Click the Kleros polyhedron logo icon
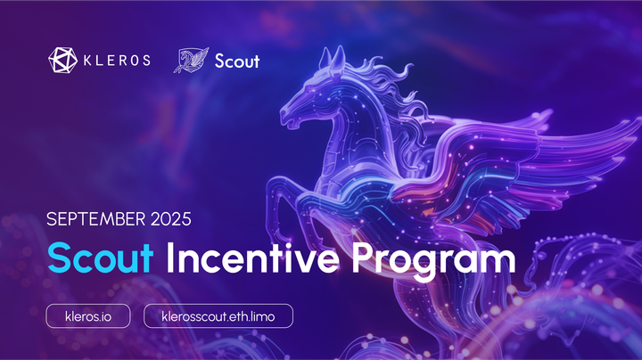tap(62, 61)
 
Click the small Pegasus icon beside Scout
tap(191, 61)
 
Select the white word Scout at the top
tap(237, 61)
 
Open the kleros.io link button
tap(88, 315)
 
